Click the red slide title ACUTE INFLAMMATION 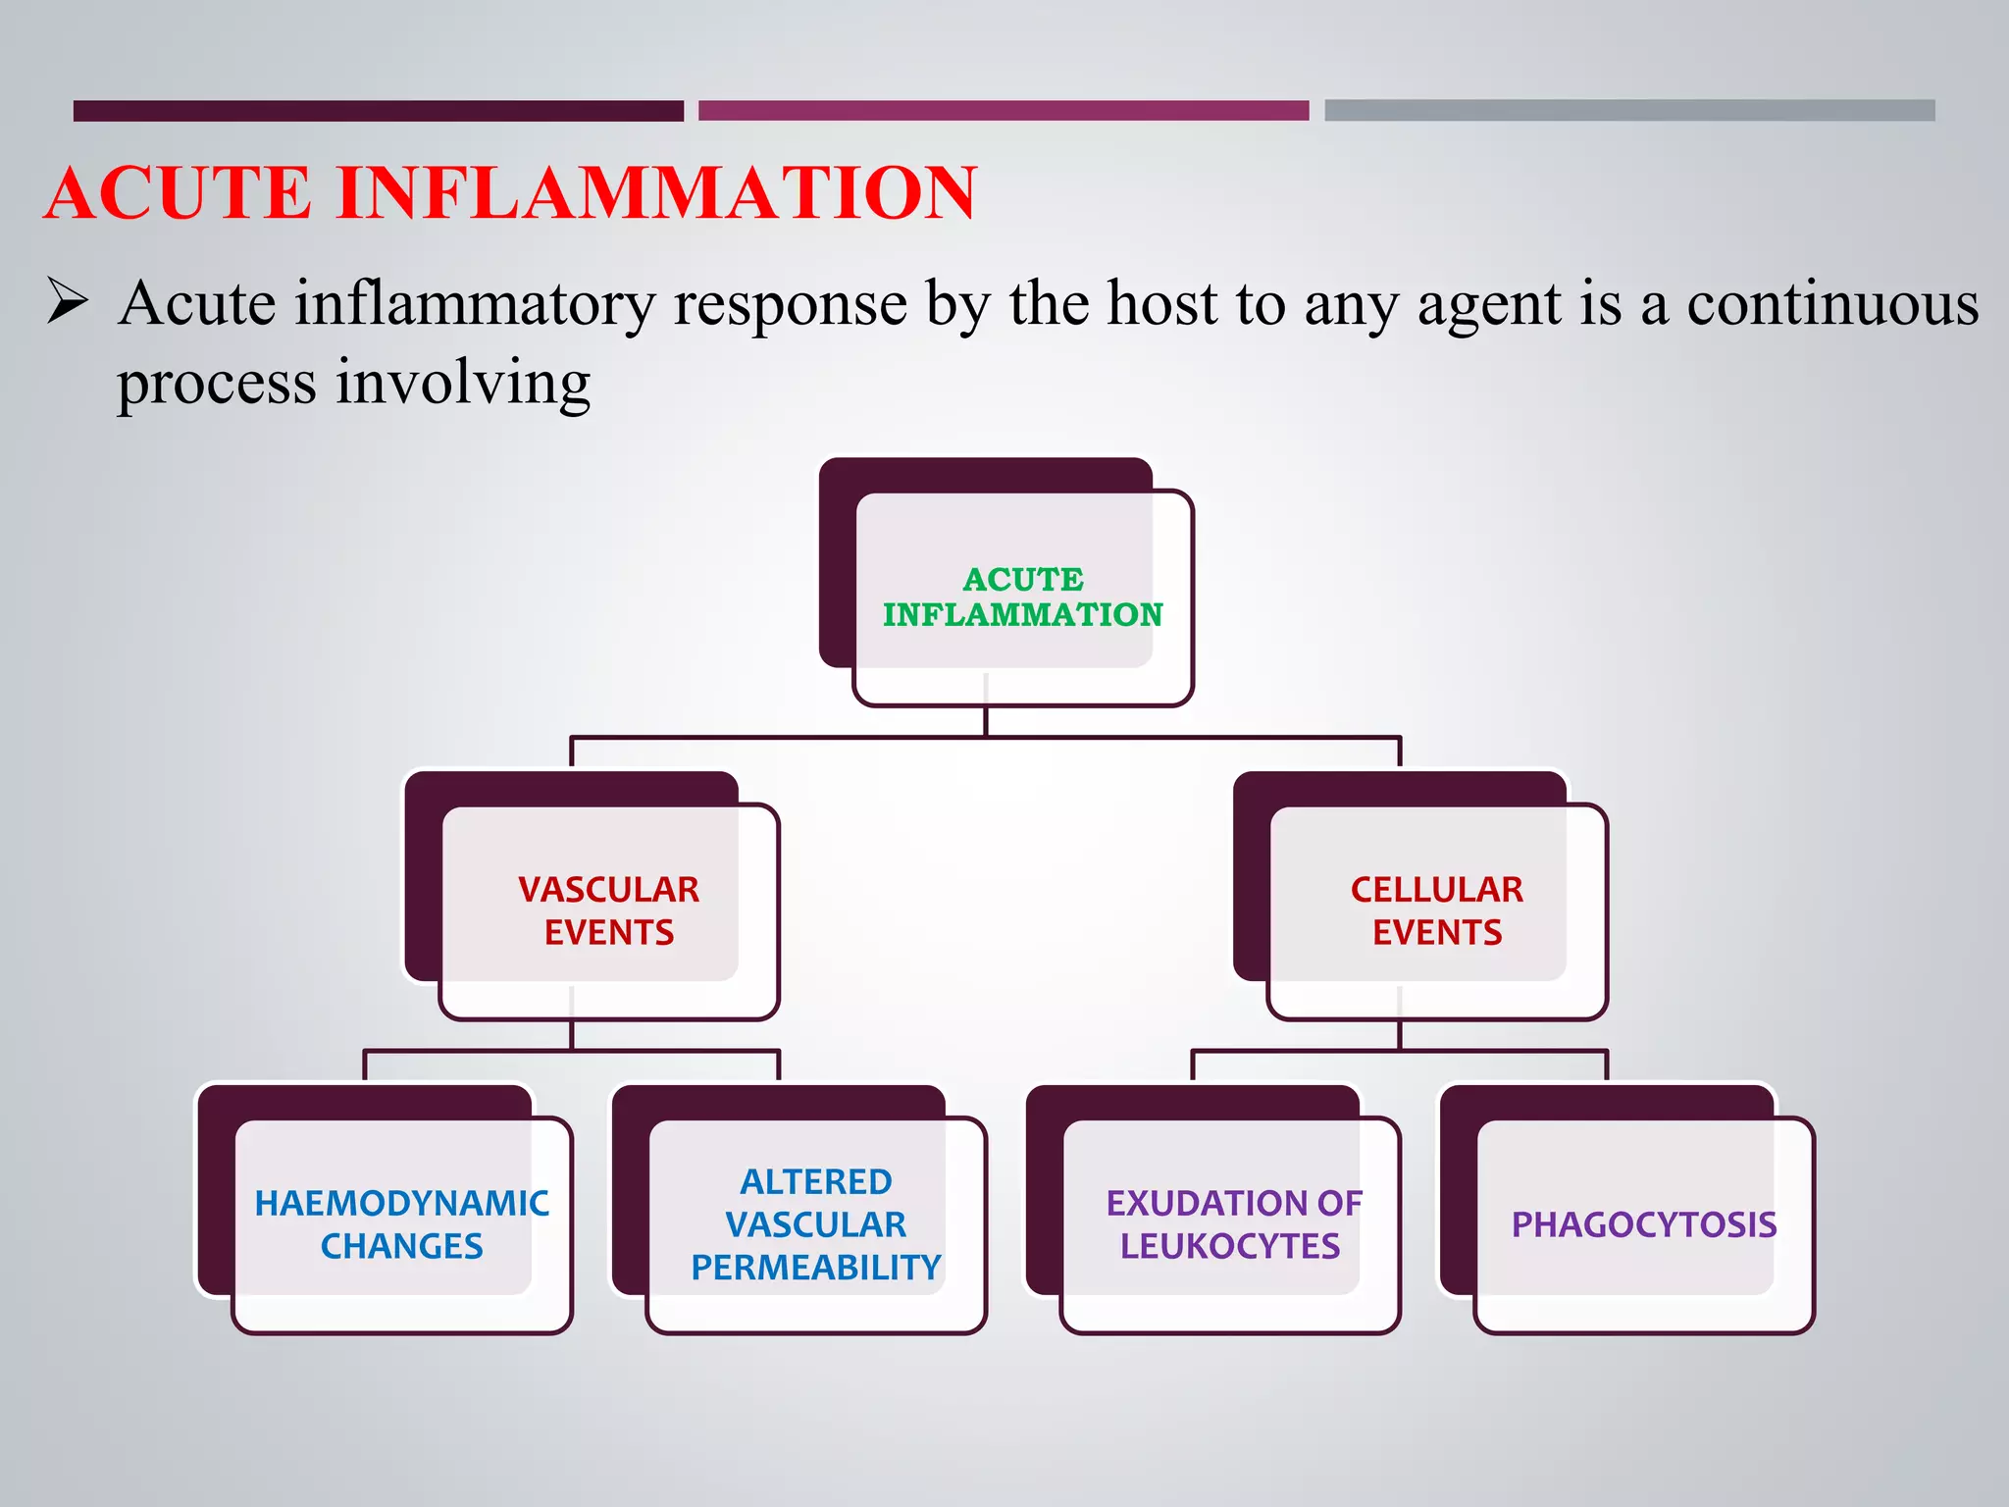[510, 193]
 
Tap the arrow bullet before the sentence [68, 302]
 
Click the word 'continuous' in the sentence [1832, 304]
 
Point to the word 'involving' [463, 383]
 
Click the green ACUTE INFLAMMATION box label [1022, 597]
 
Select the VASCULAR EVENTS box [608, 910]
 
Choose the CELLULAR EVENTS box [1436, 910]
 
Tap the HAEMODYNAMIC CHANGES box [401, 1224]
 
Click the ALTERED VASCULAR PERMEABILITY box [815, 1224]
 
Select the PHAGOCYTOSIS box [1644, 1224]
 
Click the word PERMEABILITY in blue [815, 1268]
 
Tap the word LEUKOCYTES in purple [1230, 1246]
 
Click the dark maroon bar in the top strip [378, 111]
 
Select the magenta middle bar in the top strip [1003, 111]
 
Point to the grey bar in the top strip [1628, 111]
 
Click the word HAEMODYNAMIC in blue [401, 1204]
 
